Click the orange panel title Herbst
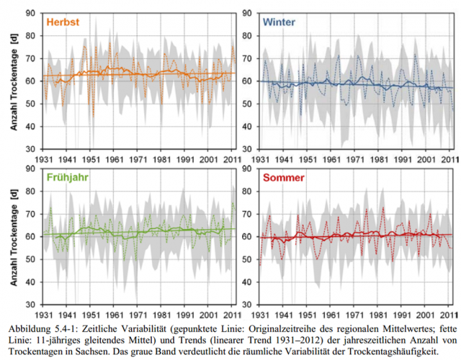(x=63, y=22)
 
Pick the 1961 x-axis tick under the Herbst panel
(x=114, y=159)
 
